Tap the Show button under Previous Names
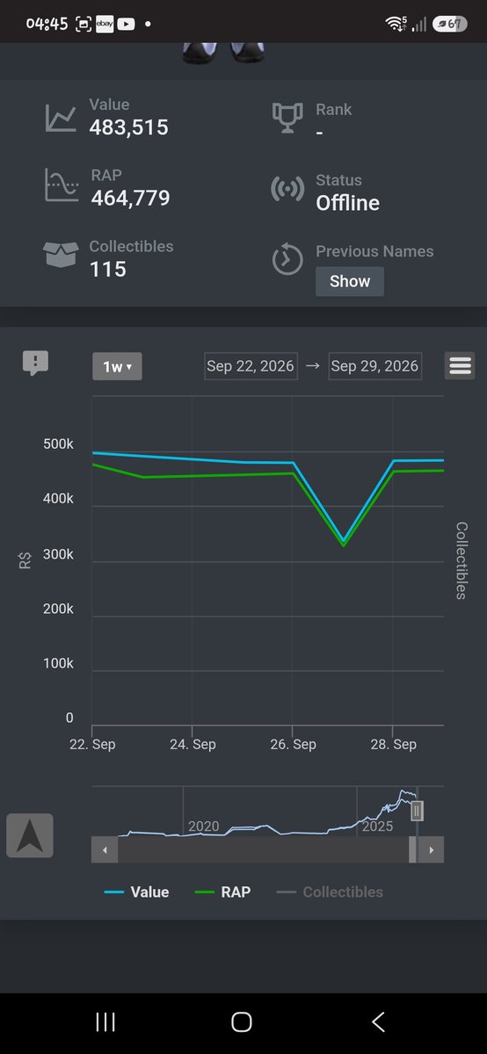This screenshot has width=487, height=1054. [x=350, y=281]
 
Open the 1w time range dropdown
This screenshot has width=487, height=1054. [x=117, y=366]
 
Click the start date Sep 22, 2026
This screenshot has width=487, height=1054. [x=251, y=366]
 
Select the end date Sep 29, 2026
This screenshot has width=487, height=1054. [x=374, y=366]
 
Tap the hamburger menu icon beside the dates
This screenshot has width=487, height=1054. [x=460, y=365]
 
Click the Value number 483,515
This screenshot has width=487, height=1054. [x=128, y=127]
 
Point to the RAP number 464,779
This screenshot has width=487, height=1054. [x=130, y=199]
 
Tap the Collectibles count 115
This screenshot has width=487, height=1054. [x=108, y=269]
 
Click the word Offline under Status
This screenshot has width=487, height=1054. [x=347, y=203]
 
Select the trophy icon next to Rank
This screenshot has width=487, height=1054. [x=287, y=118]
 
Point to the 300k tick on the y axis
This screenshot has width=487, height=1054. [x=58, y=554]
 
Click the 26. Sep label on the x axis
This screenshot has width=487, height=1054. [x=293, y=744]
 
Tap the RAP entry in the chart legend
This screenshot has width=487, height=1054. [x=222, y=892]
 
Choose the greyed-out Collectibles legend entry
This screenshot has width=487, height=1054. [x=330, y=892]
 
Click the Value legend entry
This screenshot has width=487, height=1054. [x=136, y=892]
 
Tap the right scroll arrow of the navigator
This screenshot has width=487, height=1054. [x=431, y=850]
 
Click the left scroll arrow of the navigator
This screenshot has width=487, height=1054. [x=105, y=850]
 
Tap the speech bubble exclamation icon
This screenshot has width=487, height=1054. [x=35, y=363]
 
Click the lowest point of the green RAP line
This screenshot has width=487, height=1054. [x=344, y=545]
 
